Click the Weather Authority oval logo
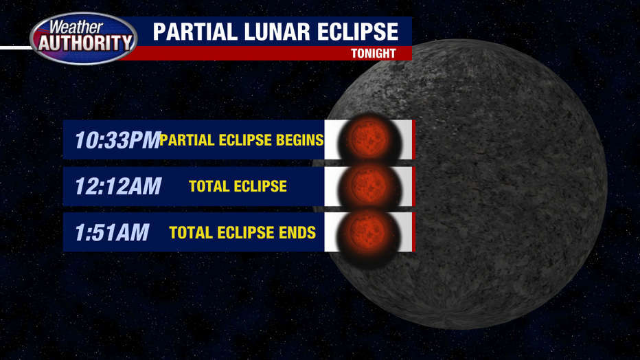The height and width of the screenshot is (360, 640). coord(84,38)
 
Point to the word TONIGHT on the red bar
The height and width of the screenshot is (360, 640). coord(374,54)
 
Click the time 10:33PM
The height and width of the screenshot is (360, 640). coord(117,140)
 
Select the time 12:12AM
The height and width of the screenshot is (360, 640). coord(118,186)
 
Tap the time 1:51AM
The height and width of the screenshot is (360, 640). coord(112,232)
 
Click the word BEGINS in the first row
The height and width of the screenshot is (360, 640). coord(299,140)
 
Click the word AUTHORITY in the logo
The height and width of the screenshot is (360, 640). coord(85,43)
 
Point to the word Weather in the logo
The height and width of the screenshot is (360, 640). coord(76,27)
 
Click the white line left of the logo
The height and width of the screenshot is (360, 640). coord(16,48)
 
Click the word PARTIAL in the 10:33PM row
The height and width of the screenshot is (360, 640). coord(187,140)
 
